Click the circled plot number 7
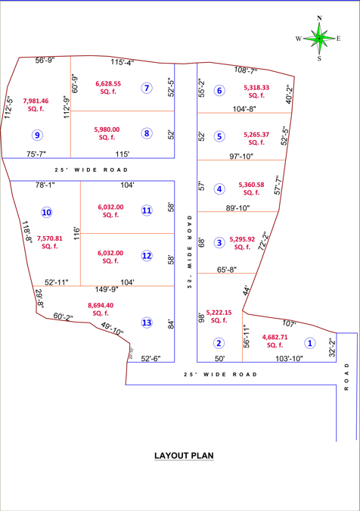pos(147,88)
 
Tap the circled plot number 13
pos(147,322)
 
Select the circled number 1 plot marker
pos(309,342)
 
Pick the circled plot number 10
pos(47,213)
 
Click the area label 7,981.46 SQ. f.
pos(36,104)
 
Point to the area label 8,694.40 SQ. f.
pos(101,309)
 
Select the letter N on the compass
pos(319,17)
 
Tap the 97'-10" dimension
pos(241,157)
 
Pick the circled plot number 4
pos(219,189)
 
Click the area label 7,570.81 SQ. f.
pos(50,241)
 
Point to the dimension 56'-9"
pos(45,60)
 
